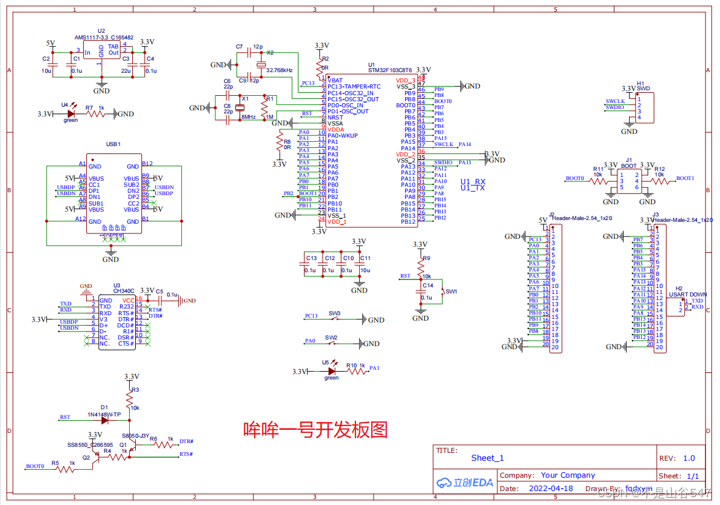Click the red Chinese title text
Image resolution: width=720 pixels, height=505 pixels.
pyautogui.click(x=315, y=430)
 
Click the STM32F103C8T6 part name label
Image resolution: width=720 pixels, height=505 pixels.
pyautogui.click(x=389, y=70)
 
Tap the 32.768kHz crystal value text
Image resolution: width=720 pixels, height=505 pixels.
pyautogui.click(x=279, y=70)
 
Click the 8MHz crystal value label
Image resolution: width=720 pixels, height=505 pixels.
pyautogui.click(x=247, y=116)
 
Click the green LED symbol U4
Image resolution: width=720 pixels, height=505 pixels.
pyautogui.click(x=71, y=113)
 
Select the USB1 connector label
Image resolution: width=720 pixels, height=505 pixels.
pyautogui.click(x=113, y=144)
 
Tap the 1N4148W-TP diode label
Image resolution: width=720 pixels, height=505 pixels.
pyautogui.click(x=104, y=415)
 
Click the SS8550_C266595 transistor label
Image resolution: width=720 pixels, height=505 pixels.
pyautogui.click(x=90, y=444)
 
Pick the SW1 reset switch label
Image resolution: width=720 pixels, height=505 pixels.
pyautogui.click(x=451, y=292)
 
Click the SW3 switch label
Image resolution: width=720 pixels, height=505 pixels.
pyautogui.click(x=334, y=313)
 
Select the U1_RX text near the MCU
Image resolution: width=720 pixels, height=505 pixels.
pyautogui.click(x=473, y=181)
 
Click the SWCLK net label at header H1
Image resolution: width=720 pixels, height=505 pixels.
pyautogui.click(x=615, y=101)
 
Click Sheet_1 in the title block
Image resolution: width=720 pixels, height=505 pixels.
pyautogui.click(x=487, y=458)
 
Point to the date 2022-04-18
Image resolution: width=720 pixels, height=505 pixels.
pyautogui.click(x=550, y=488)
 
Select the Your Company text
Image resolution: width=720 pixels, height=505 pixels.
pyautogui.click(x=568, y=475)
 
